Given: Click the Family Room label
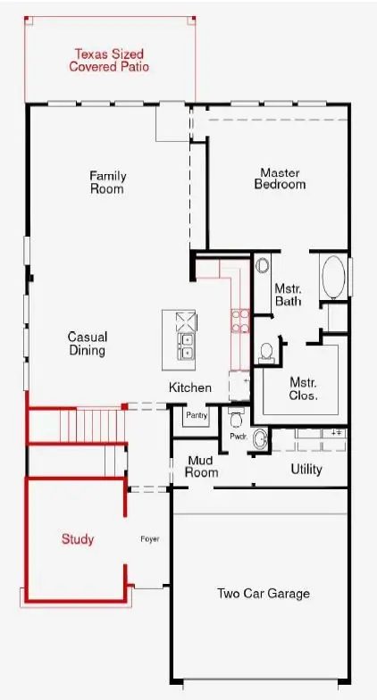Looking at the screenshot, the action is pyautogui.click(x=107, y=182).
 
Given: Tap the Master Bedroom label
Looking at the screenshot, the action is pyautogui.click(x=281, y=179).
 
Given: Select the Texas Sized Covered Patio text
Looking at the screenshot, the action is pyautogui.click(x=109, y=61).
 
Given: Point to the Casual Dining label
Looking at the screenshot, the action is pyautogui.click(x=88, y=343).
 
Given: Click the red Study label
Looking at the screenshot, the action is pyautogui.click(x=78, y=539).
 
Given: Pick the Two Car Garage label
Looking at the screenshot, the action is pyautogui.click(x=264, y=594).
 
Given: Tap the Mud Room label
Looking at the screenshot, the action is pyautogui.click(x=202, y=466).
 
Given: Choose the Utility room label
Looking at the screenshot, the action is pyautogui.click(x=306, y=470).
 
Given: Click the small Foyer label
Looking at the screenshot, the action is pyautogui.click(x=150, y=539).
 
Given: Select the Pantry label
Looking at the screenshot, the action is pyautogui.click(x=197, y=416).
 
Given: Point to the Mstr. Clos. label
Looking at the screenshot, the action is pyautogui.click(x=304, y=389).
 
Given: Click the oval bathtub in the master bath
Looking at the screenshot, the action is pyautogui.click(x=333, y=277).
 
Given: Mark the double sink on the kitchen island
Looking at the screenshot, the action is pyautogui.click(x=186, y=346).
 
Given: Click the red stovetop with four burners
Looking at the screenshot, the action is pyautogui.click(x=240, y=321).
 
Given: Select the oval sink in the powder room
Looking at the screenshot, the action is pyautogui.click(x=260, y=439).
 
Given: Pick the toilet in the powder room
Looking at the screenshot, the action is pyautogui.click(x=236, y=418).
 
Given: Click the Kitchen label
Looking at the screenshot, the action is pyautogui.click(x=189, y=387).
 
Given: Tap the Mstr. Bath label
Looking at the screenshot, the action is pyautogui.click(x=288, y=295).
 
